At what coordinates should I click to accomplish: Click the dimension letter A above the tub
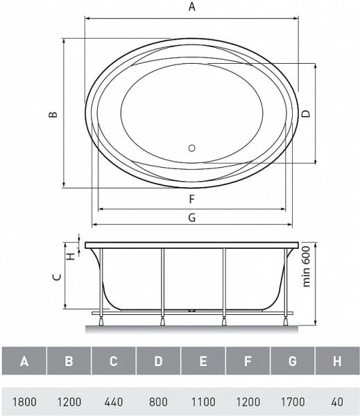tap(192, 8)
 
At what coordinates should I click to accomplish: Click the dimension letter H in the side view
tap(70, 255)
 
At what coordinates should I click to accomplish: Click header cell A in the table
tap(24, 361)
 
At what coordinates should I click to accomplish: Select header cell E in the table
tap(203, 361)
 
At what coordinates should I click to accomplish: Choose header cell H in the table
tap(337, 361)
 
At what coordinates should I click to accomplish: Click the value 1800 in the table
tap(24, 401)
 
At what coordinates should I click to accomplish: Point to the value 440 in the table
tap(114, 401)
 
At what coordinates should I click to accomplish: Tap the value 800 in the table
tap(158, 401)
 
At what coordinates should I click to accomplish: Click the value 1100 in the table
tap(203, 401)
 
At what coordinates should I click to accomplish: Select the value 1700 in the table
tap(292, 401)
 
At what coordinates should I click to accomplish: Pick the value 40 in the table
tap(337, 401)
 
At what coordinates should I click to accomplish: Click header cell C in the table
tap(114, 361)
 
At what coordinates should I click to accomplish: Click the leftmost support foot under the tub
tap(101, 320)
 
